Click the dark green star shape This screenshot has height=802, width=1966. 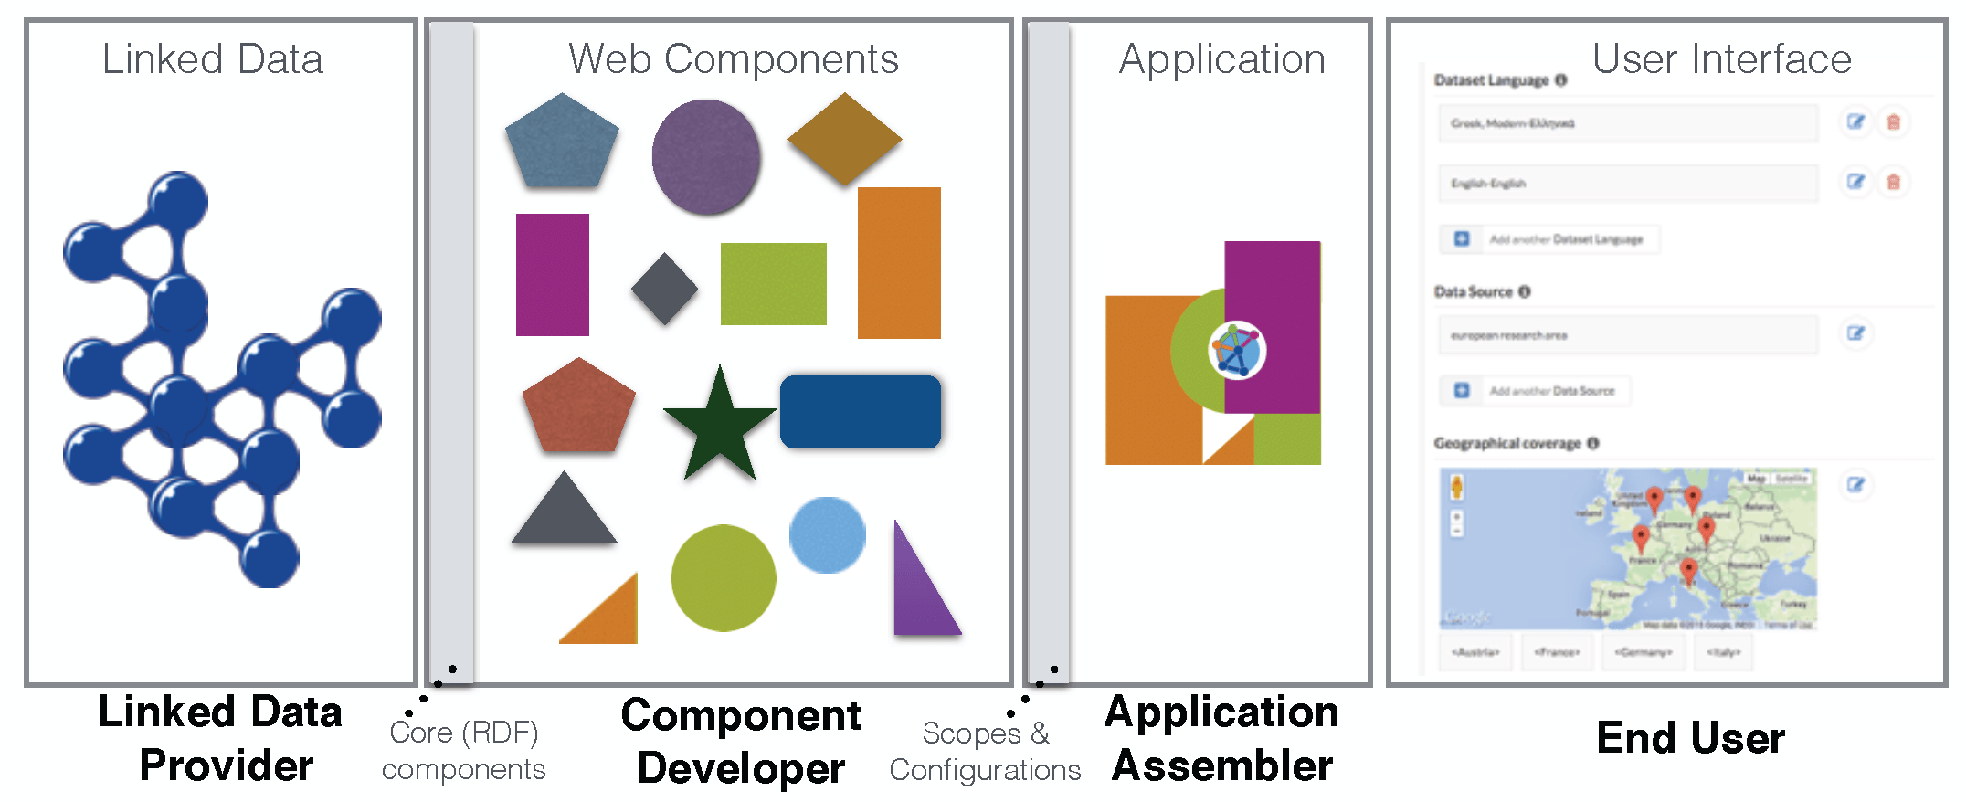720,425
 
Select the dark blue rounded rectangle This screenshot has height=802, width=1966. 861,412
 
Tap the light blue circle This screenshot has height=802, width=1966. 827,535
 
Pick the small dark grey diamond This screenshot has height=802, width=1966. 664,289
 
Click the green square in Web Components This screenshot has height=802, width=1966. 773,284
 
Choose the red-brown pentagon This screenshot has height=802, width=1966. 578,406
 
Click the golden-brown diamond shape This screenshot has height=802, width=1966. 845,139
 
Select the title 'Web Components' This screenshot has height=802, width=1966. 734,59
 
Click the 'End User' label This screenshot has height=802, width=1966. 1690,738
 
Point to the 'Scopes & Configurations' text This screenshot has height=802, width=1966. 985,752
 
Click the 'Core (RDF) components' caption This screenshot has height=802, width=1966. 464,751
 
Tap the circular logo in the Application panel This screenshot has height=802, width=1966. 1237,349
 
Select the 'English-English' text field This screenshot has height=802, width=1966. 1627,183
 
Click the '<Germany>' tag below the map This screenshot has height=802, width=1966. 1644,652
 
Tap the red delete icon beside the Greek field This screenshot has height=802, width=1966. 1894,122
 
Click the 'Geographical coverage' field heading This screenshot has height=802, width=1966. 1507,444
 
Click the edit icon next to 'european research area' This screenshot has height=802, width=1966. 1855,333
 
